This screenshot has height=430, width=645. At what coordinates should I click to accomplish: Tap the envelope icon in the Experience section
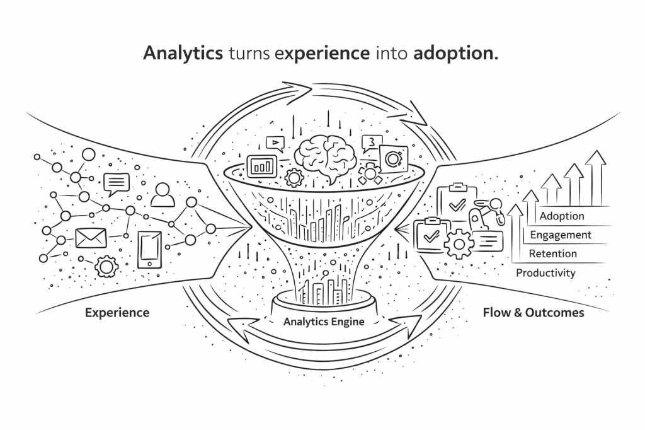[x=91, y=238]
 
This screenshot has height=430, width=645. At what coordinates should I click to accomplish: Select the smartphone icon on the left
[x=149, y=250]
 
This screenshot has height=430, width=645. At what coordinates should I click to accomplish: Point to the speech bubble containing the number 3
[x=371, y=143]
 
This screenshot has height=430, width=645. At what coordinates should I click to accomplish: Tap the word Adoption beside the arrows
[x=562, y=216]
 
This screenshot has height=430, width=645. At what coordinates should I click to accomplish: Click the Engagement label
[x=561, y=235]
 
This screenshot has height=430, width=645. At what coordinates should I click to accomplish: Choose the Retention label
[x=552, y=254]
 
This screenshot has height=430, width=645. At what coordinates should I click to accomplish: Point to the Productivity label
[x=545, y=273]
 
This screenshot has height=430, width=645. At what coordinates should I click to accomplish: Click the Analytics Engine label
[x=324, y=321]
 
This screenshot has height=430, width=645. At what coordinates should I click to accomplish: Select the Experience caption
[x=117, y=312]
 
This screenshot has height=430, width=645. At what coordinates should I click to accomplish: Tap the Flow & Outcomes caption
[x=533, y=312]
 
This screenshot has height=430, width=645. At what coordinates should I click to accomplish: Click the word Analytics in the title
[x=183, y=54]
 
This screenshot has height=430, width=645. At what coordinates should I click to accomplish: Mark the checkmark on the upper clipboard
[x=455, y=202]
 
